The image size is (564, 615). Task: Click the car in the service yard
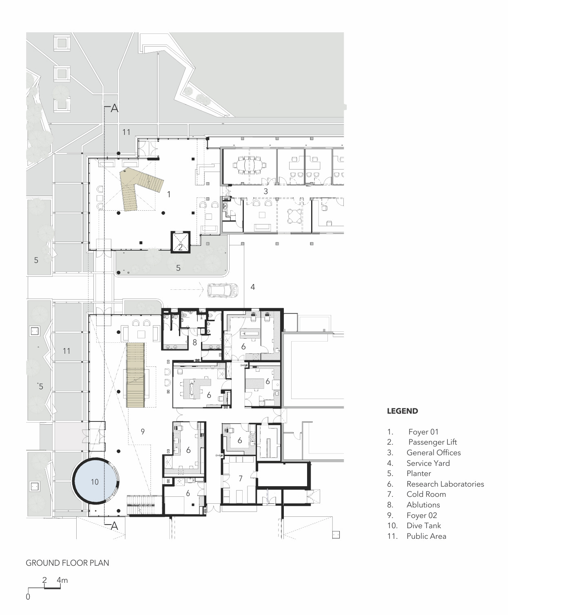223,290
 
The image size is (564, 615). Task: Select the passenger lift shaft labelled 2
180,242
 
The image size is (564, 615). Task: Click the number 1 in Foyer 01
168,194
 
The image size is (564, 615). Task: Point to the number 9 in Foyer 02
143,431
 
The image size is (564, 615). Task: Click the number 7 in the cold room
241,478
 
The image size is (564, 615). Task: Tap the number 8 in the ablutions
195,343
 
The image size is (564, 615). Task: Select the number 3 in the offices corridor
265,191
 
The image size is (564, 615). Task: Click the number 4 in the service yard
252,287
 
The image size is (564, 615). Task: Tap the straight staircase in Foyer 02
136,375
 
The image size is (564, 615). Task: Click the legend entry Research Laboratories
445,484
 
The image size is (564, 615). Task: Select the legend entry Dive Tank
423,525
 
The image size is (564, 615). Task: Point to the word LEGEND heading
402,411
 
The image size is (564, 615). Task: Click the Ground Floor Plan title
67,563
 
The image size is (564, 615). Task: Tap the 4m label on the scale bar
62,580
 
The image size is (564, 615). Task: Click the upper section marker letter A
114,108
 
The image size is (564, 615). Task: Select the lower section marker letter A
114,526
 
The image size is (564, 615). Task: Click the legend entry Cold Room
426,494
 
